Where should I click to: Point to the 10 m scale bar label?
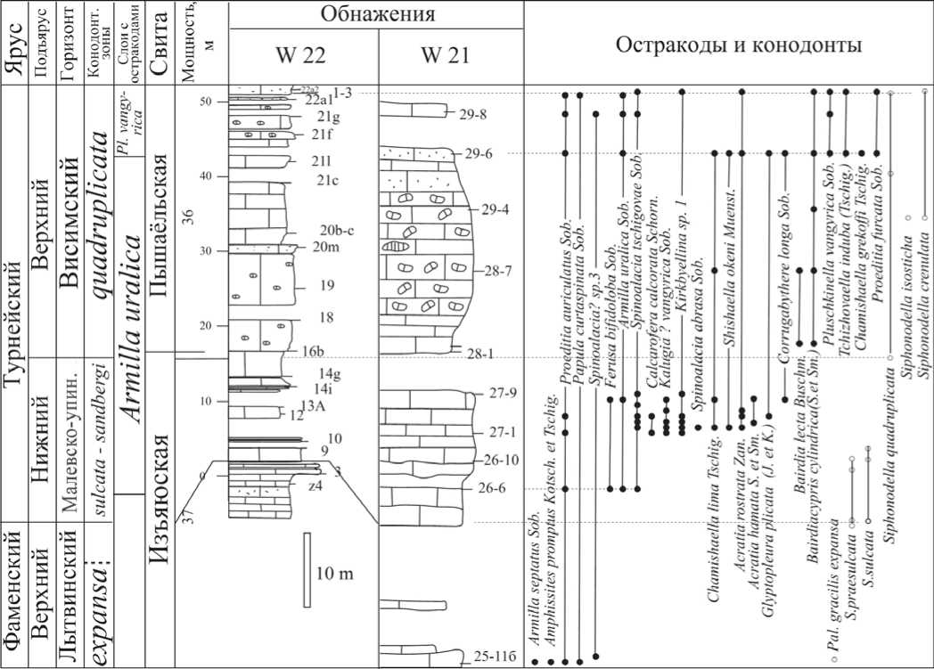[335, 572]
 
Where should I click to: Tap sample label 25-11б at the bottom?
[490, 657]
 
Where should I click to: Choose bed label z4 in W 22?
[315, 486]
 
